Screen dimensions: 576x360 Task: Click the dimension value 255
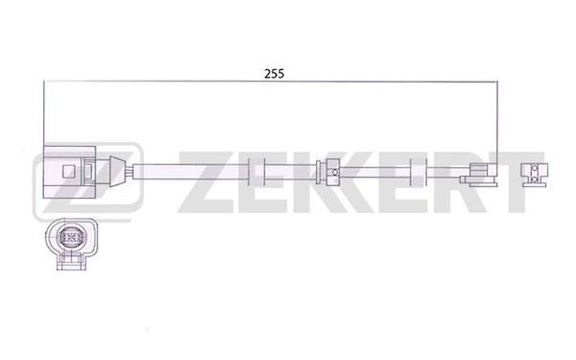click(274, 74)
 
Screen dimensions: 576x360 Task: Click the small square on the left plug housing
click(69, 172)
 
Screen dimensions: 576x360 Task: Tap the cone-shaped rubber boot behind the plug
click(116, 171)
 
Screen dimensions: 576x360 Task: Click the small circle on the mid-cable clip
click(334, 172)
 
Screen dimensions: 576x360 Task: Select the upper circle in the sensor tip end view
click(535, 168)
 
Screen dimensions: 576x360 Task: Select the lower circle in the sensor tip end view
click(535, 180)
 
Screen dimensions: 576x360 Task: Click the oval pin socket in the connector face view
click(70, 237)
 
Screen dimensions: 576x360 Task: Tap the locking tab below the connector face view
click(71, 261)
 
